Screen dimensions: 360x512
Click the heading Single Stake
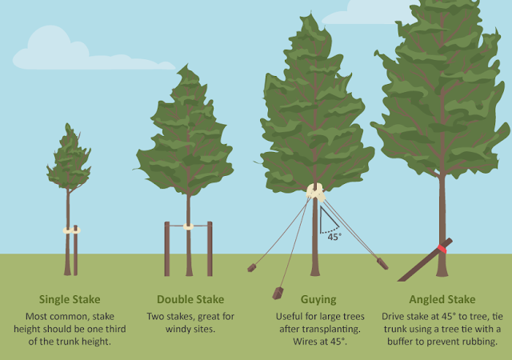[x=70, y=299]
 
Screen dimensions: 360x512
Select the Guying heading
[x=318, y=299]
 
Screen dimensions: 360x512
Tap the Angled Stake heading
[x=442, y=299]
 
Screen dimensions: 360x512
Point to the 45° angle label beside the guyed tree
[x=332, y=237]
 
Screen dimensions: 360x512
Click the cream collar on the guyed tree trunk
[x=315, y=191]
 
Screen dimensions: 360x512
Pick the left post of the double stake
[x=167, y=249]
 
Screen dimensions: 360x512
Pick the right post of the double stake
[x=210, y=249]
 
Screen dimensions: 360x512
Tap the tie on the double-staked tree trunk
[x=189, y=226]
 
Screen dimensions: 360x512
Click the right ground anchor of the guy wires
[x=382, y=262]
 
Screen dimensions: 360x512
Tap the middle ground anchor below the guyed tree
[x=278, y=292]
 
